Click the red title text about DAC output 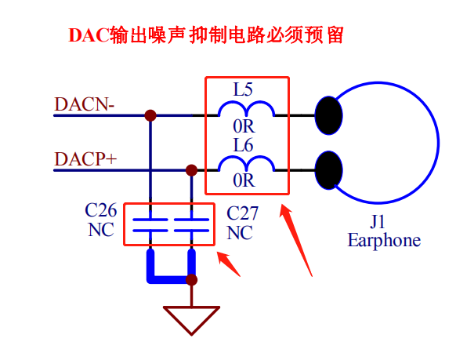pyautogui.click(x=206, y=35)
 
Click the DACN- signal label pyautogui.click(x=84, y=104)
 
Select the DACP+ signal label pyautogui.click(x=85, y=159)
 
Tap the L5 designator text pyautogui.click(x=243, y=89)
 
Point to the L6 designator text pyautogui.click(x=243, y=145)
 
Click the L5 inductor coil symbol pyautogui.click(x=246, y=108)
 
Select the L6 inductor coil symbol pyautogui.click(x=246, y=164)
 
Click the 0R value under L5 pyautogui.click(x=244, y=126)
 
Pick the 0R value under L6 pyautogui.click(x=244, y=180)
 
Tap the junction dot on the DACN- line pyautogui.click(x=150, y=115)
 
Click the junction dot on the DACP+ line pyautogui.click(x=191, y=170)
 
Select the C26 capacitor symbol pyautogui.click(x=150, y=224)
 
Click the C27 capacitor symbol pyautogui.click(x=191, y=224)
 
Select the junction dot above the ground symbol pyautogui.click(x=191, y=280)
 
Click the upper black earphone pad pyautogui.click(x=328, y=115)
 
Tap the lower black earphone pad pyautogui.click(x=328, y=170)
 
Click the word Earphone pyautogui.click(x=384, y=240)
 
